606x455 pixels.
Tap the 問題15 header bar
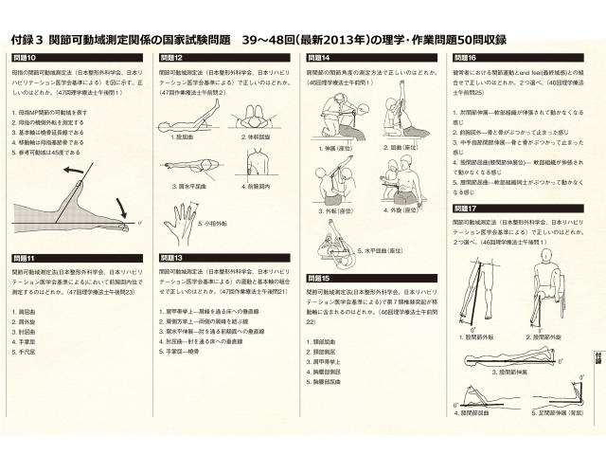(x=319, y=279)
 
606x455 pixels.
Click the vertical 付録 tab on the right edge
(x=597, y=356)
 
